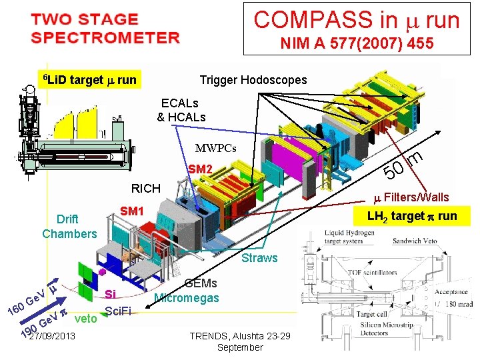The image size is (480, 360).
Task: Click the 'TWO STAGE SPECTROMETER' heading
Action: click(x=105, y=28)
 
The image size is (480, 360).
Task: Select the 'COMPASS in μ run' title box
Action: click(x=357, y=20)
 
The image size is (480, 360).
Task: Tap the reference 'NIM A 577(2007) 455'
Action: click(x=357, y=45)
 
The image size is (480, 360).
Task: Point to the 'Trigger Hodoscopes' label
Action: click(x=253, y=80)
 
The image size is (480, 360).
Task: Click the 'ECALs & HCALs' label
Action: click(x=181, y=110)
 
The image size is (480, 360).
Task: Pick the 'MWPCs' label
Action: click(x=216, y=148)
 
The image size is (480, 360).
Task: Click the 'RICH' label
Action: click(x=145, y=188)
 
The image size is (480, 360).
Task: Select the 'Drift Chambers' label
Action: click(x=69, y=227)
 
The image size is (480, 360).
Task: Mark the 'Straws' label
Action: click(x=259, y=257)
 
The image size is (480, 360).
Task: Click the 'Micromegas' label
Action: click(x=187, y=297)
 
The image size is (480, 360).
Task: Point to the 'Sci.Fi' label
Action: click(x=118, y=310)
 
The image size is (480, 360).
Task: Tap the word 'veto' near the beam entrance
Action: click(x=87, y=319)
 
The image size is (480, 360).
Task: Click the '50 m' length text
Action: click(x=405, y=165)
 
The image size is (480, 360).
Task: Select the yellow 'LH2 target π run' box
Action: click(x=410, y=215)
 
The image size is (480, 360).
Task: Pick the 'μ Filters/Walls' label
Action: click(x=411, y=197)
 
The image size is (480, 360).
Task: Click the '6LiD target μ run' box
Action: click(x=89, y=80)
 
